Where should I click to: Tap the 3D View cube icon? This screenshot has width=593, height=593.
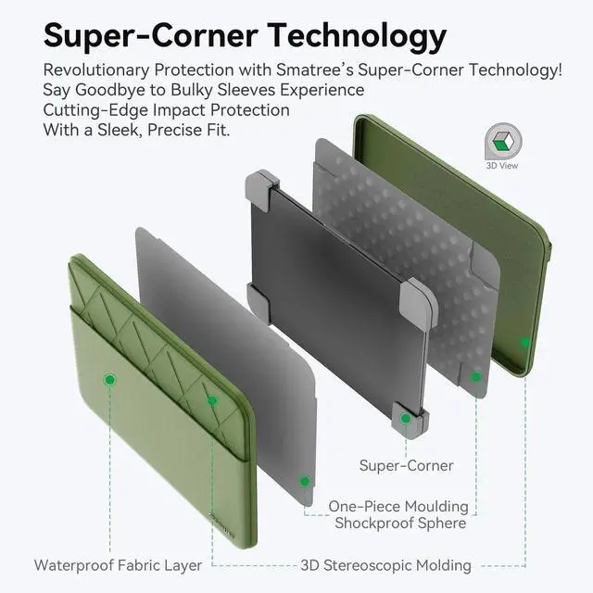[x=502, y=142]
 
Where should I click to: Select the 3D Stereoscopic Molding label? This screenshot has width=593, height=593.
[x=385, y=564]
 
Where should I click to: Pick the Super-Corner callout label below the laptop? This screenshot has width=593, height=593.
[x=406, y=465]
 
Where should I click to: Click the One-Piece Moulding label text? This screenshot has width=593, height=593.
[x=398, y=507]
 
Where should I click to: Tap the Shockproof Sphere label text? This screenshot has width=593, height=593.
[x=401, y=524]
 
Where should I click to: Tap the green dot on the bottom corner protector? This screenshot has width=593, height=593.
[x=405, y=419]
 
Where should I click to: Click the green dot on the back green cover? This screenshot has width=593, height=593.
[x=525, y=342]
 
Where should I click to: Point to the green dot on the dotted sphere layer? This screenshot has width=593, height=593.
[x=475, y=376]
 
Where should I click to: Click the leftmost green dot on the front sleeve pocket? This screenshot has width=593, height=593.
[x=109, y=380]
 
